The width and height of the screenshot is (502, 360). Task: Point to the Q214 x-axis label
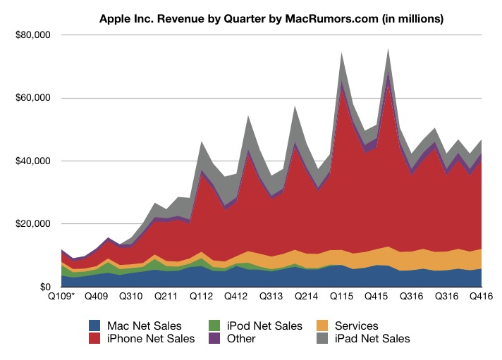coord(307,297)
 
